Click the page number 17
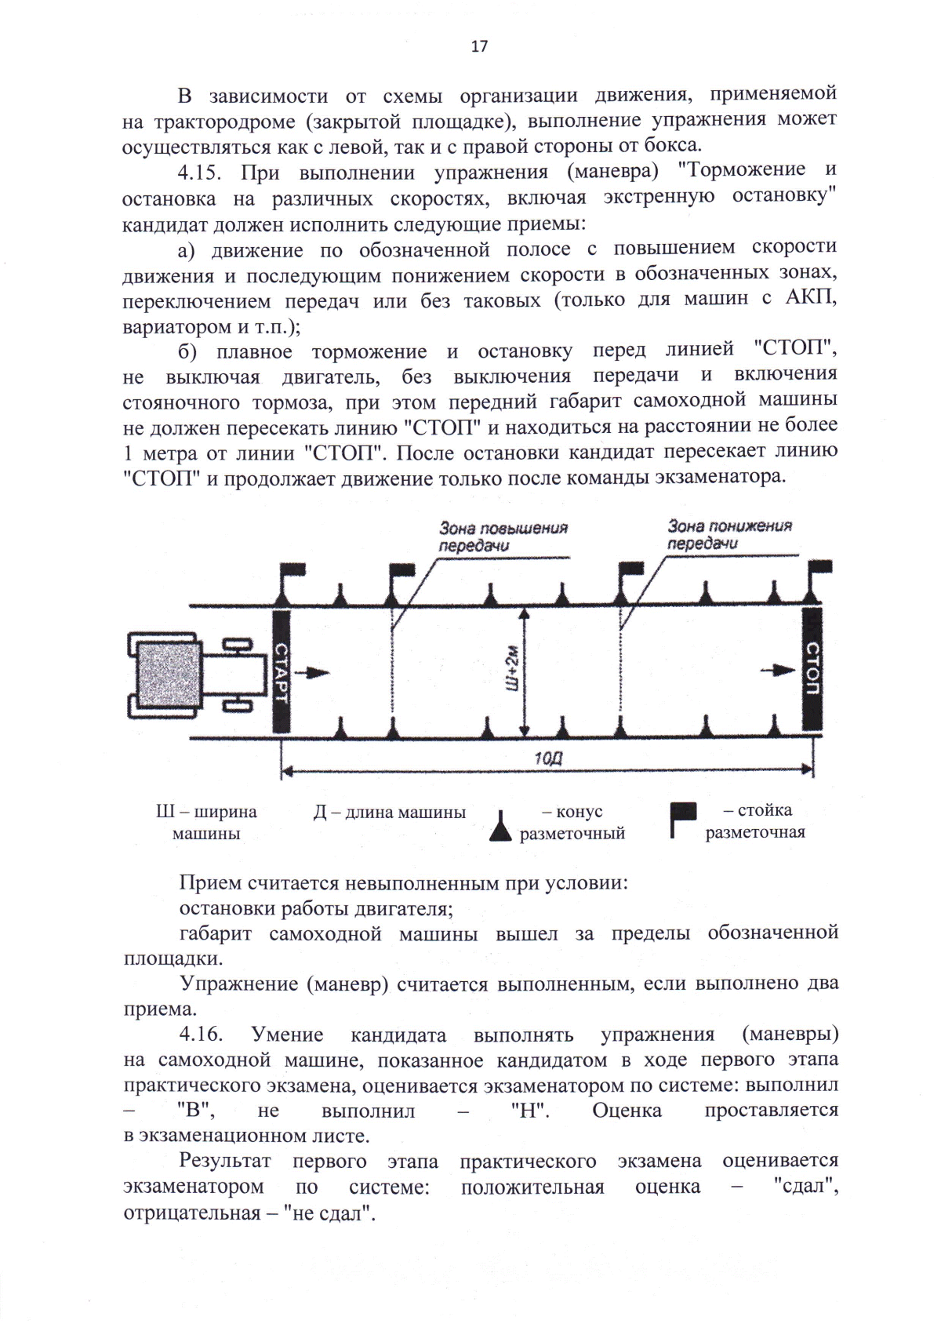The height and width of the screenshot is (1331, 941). coord(479,46)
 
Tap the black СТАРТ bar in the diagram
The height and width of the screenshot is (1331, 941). coord(281,671)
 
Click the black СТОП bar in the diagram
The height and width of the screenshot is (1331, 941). coord(812,669)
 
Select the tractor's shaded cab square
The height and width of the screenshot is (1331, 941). coord(168,674)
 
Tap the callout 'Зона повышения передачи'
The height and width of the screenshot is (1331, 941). coord(502,536)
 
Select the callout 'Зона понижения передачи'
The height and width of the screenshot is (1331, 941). coord(729,534)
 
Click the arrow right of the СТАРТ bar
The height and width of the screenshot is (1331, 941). coord(318,672)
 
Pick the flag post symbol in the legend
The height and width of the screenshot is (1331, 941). coord(681,819)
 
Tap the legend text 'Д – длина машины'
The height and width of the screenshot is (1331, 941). coord(389,813)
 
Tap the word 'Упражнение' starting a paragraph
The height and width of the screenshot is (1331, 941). coord(235,984)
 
